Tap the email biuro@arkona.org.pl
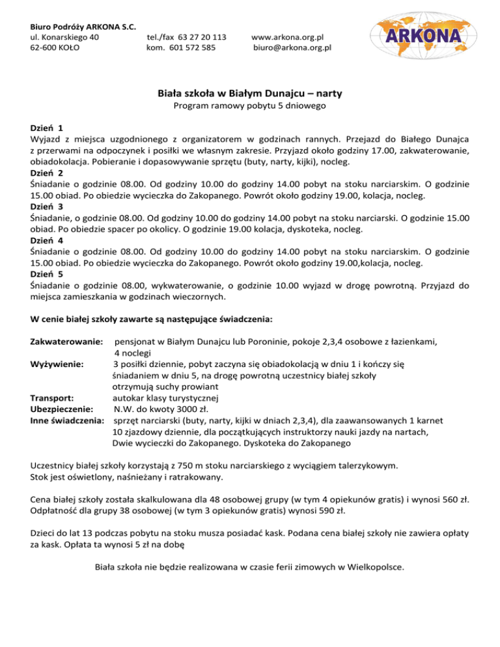point(292,48)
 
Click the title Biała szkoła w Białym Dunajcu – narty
point(250,94)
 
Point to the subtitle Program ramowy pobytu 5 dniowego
point(250,106)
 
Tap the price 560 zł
point(451,501)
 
